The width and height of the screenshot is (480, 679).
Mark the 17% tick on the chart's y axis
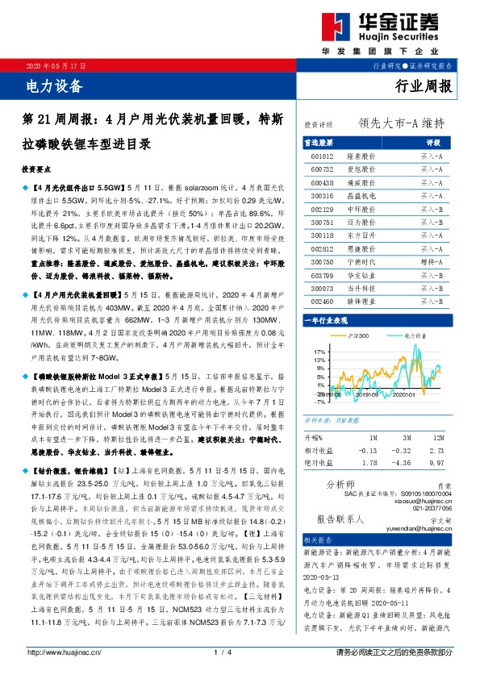pyautogui.click(x=319, y=352)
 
